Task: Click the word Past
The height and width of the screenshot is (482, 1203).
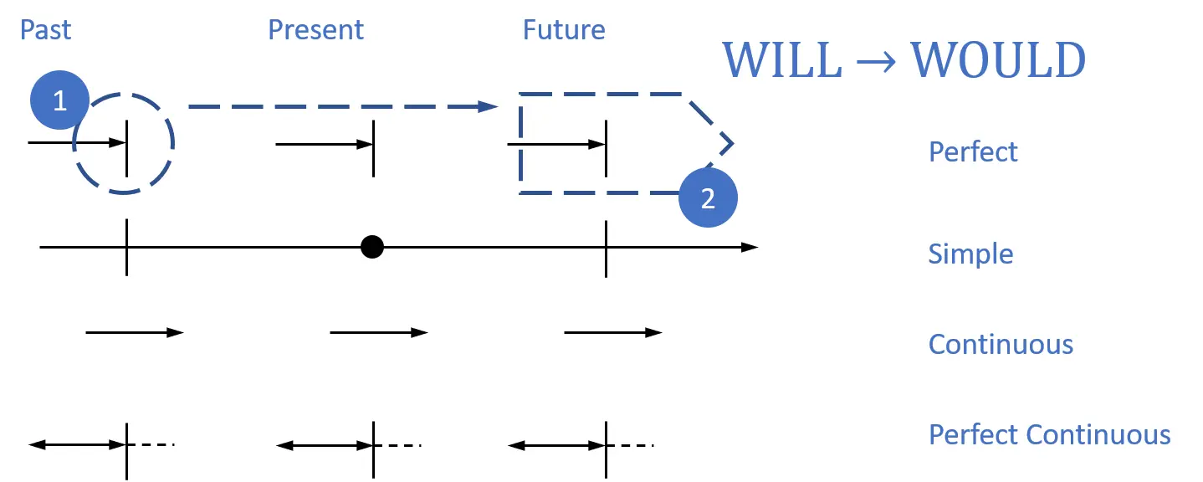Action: coord(45,30)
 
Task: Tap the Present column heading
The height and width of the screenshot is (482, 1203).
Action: coord(315,30)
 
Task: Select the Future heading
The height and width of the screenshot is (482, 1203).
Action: coord(564,30)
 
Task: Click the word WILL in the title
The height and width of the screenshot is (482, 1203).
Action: coord(781,60)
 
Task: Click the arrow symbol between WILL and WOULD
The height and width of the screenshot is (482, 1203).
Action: coord(875,62)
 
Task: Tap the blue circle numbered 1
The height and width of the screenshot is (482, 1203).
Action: coord(59,101)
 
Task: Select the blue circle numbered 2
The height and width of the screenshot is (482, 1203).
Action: coord(708,199)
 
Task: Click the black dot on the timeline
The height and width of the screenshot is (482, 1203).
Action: coord(372,247)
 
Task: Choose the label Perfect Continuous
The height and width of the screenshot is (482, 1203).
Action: coord(1049,435)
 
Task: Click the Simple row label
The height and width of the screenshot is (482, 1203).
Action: coord(970,254)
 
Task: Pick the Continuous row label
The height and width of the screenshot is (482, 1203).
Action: coord(1001,345)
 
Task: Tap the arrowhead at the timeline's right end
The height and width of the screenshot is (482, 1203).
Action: coord(750,247)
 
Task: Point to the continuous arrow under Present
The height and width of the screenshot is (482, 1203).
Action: coord(378,333)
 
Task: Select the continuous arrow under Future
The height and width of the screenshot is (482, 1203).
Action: coord(612,333)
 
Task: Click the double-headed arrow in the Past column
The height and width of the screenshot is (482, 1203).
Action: coord(77,444)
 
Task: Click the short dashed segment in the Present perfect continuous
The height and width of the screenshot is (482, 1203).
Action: coord(398,444)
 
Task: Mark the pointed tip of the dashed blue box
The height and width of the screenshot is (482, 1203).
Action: coord(732,144)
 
